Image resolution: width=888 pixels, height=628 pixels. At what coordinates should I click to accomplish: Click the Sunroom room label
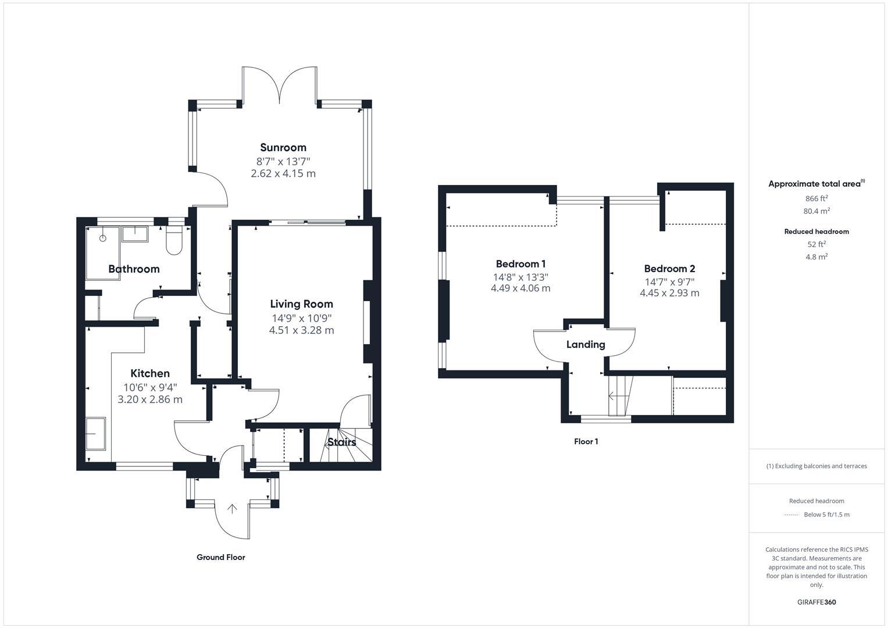283,148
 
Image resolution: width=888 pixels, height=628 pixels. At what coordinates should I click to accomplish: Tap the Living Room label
301,304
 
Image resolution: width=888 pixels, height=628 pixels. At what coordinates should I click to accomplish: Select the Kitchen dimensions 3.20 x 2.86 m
150,399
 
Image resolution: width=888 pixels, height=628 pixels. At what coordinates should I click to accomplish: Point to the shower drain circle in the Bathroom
103,238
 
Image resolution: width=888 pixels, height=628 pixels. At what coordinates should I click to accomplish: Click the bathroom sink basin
135,234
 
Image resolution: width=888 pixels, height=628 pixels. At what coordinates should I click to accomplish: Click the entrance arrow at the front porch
232,509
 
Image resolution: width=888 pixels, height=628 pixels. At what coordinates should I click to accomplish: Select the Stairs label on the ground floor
341,443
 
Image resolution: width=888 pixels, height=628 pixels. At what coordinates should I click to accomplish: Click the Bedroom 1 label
520,264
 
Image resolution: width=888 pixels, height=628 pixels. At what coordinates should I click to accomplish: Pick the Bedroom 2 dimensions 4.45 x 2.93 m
669,293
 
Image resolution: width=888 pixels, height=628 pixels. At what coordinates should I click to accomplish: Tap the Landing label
586,345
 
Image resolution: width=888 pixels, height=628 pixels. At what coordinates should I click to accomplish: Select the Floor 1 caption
586,441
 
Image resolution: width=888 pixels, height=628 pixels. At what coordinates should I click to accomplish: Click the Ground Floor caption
220,557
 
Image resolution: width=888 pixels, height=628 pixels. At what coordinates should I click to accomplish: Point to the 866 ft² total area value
816,198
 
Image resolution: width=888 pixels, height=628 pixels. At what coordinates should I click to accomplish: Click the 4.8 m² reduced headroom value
816,256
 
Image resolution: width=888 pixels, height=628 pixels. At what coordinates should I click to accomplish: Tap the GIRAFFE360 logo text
816,602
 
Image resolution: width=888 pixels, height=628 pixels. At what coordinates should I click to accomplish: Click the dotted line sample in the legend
791,515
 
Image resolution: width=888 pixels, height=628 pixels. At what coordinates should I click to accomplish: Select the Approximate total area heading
815,184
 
